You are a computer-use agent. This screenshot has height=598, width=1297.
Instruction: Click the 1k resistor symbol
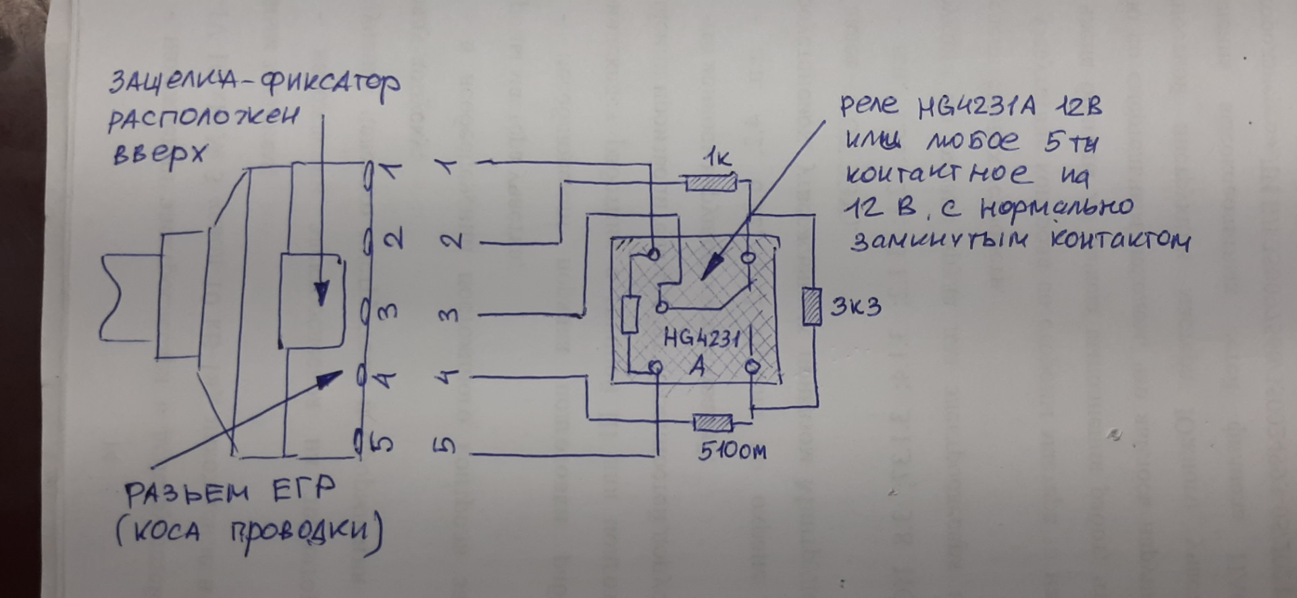tap(710, 182)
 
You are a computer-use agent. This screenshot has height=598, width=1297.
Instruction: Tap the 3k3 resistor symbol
tap(811, 306)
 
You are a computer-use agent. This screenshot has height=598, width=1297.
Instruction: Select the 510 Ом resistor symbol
tap(713, 424)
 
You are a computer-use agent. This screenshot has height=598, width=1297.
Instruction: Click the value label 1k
tap(717, 159)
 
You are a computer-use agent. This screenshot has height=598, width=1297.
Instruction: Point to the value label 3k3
tap(856, 307)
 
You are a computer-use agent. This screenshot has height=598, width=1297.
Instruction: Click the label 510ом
tap(732, 451)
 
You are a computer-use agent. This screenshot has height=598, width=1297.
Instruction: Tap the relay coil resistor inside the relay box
tap(630, 314)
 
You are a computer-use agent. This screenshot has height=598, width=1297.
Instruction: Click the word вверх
tap(158, 157)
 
